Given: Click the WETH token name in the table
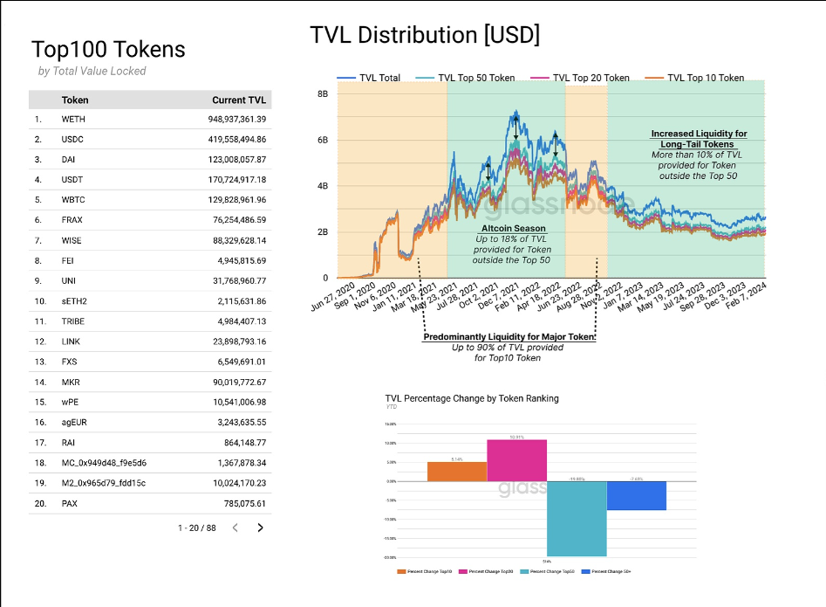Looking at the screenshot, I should pyautogui.click(x=73, y=119).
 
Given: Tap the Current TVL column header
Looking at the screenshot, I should pyautogui.click(x=239, y=100).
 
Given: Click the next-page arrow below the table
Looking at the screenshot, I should pyautogui.click(x=260, y=528).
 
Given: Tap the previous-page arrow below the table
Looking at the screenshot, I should pyautogui.click(x=235, y=528).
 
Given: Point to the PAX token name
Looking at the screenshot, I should pyautogui.click(x=71, y=503).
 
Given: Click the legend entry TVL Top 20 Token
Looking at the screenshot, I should pyautogui.click(x=590, y=78).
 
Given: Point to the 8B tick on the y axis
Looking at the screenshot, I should pyautogui.click(x=322, y=93).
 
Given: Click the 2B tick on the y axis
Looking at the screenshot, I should pyautogui.click(x=322, y=232).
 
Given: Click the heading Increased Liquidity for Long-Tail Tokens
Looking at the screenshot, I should pyautogui.click(x=699, y=139).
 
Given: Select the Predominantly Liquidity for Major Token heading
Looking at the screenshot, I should pyautogui.click(x=509, y=337).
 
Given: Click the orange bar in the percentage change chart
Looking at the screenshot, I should pyautogui.click(x=457, y=471).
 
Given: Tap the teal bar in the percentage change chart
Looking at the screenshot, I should pyautogui.click(x=576, y=518).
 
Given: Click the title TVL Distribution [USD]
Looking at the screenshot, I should pyautogui.click(x=425, y=35).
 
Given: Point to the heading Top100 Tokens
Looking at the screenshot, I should pyautogui.click(x=108, y=49).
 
